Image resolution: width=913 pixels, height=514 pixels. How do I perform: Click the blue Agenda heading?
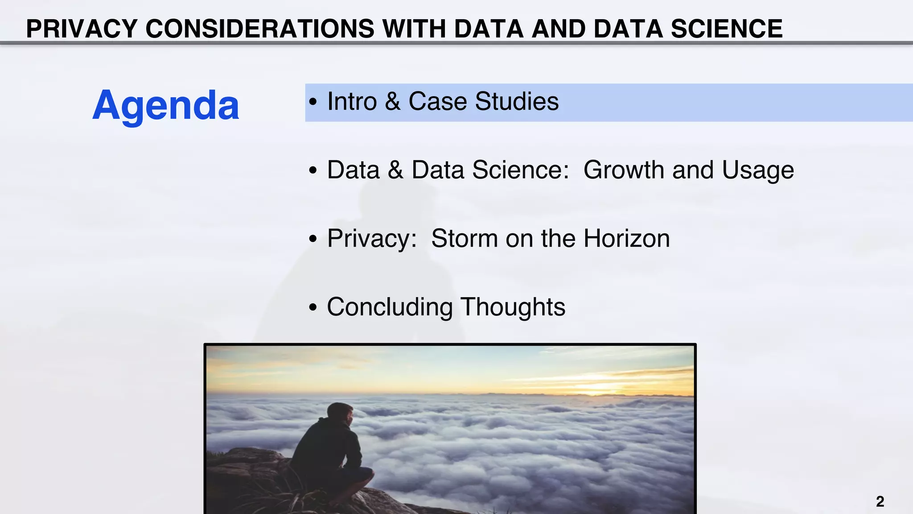(166, 106)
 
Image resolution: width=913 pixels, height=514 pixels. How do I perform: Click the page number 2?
(880, 502)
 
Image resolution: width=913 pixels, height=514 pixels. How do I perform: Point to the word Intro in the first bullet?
(352, 101)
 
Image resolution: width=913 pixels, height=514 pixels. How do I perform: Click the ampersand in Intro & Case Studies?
(392, 101)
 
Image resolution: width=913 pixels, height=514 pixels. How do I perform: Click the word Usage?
(757, 171)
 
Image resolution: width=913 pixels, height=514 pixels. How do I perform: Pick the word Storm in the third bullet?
(464, 238)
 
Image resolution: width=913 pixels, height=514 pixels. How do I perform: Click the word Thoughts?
(513, 307)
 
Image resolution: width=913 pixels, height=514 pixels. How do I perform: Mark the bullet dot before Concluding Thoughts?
(313, 307)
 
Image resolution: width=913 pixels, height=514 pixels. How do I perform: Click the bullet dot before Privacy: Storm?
(313, 239)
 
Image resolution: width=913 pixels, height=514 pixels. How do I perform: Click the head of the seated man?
(341, 413)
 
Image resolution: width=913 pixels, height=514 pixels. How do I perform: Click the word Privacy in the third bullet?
(371, 239)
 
